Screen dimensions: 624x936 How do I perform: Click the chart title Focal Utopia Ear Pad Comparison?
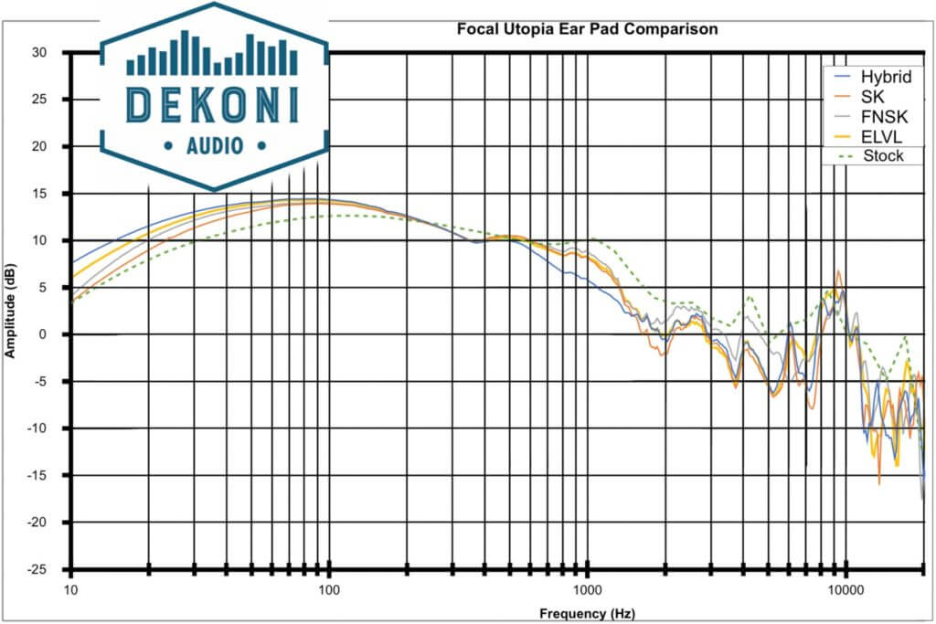[x=587, y=29]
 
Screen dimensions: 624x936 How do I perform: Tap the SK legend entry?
[x=873, y=96]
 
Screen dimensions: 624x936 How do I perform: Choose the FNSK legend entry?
[x=879, y=116]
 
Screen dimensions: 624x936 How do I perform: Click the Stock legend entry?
[x=883, y=156]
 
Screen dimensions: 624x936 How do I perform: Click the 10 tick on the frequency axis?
[x=71, y=591]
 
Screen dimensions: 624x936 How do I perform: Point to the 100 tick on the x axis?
[x=329, y=591]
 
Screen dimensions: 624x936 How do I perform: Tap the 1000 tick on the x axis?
[x=587, y=591]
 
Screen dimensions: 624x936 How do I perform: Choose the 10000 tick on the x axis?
[x=846, y=591]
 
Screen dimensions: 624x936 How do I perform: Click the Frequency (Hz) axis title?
[x=587, y=612]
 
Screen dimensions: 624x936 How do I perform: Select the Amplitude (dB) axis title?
[x=12, y=312]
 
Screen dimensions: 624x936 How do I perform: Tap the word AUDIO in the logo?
[x=213, y=145]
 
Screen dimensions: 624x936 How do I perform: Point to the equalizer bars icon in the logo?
[x=212, y=55]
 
